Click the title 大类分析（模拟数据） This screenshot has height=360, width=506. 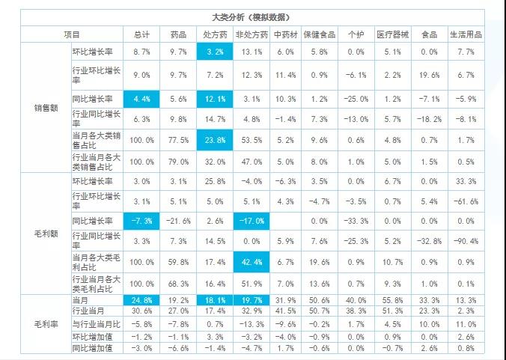[252, 16]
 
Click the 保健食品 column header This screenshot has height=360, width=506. [320, 34]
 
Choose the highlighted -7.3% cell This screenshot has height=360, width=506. [141, 221]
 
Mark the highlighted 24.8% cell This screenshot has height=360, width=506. [141, 300]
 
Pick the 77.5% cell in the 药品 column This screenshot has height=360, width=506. [178, 139]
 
